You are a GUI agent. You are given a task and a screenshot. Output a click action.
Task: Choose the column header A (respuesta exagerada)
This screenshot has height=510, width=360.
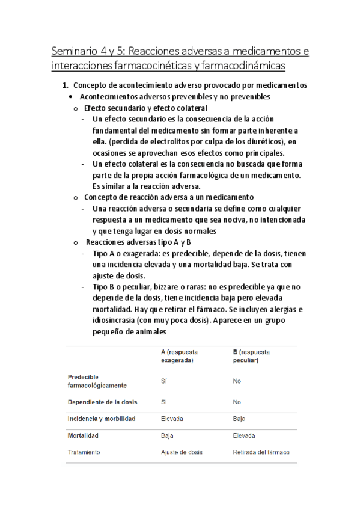[x=179, y=356]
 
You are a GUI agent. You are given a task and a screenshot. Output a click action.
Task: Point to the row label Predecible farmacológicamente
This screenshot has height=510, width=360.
[x=97, y=381]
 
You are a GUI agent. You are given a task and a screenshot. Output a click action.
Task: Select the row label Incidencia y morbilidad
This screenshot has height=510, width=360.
[x=102, y=419]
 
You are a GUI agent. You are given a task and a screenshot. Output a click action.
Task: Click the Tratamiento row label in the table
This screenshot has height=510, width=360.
[x=84, y=452]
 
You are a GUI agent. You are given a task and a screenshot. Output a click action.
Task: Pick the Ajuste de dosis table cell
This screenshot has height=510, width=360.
[x=182, y=452]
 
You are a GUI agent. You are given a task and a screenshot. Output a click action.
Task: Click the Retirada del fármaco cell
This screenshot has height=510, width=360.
[x=261, y=452]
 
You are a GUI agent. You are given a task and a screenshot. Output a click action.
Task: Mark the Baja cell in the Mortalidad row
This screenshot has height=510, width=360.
[x=167, y=435]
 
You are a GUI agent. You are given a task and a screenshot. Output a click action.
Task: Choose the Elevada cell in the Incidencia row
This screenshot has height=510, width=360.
[x=172, y=419]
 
